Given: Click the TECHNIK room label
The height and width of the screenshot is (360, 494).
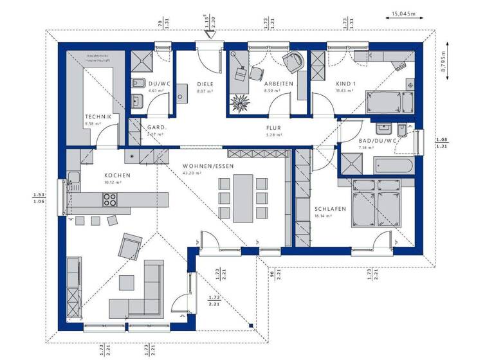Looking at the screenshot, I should (x=98, y=116).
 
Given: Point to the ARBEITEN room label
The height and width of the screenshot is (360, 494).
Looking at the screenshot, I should (x=279, y=84).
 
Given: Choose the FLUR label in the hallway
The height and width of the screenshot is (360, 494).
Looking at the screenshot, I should (x=274, y=128).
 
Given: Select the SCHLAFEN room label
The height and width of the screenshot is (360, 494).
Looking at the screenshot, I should (x=331, y=209).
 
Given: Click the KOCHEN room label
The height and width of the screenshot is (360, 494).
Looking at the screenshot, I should (x=118, y=175).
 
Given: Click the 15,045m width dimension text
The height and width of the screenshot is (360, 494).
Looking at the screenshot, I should (x=404, y=12).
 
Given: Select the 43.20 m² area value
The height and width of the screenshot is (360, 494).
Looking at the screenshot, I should (x=192, y=174).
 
